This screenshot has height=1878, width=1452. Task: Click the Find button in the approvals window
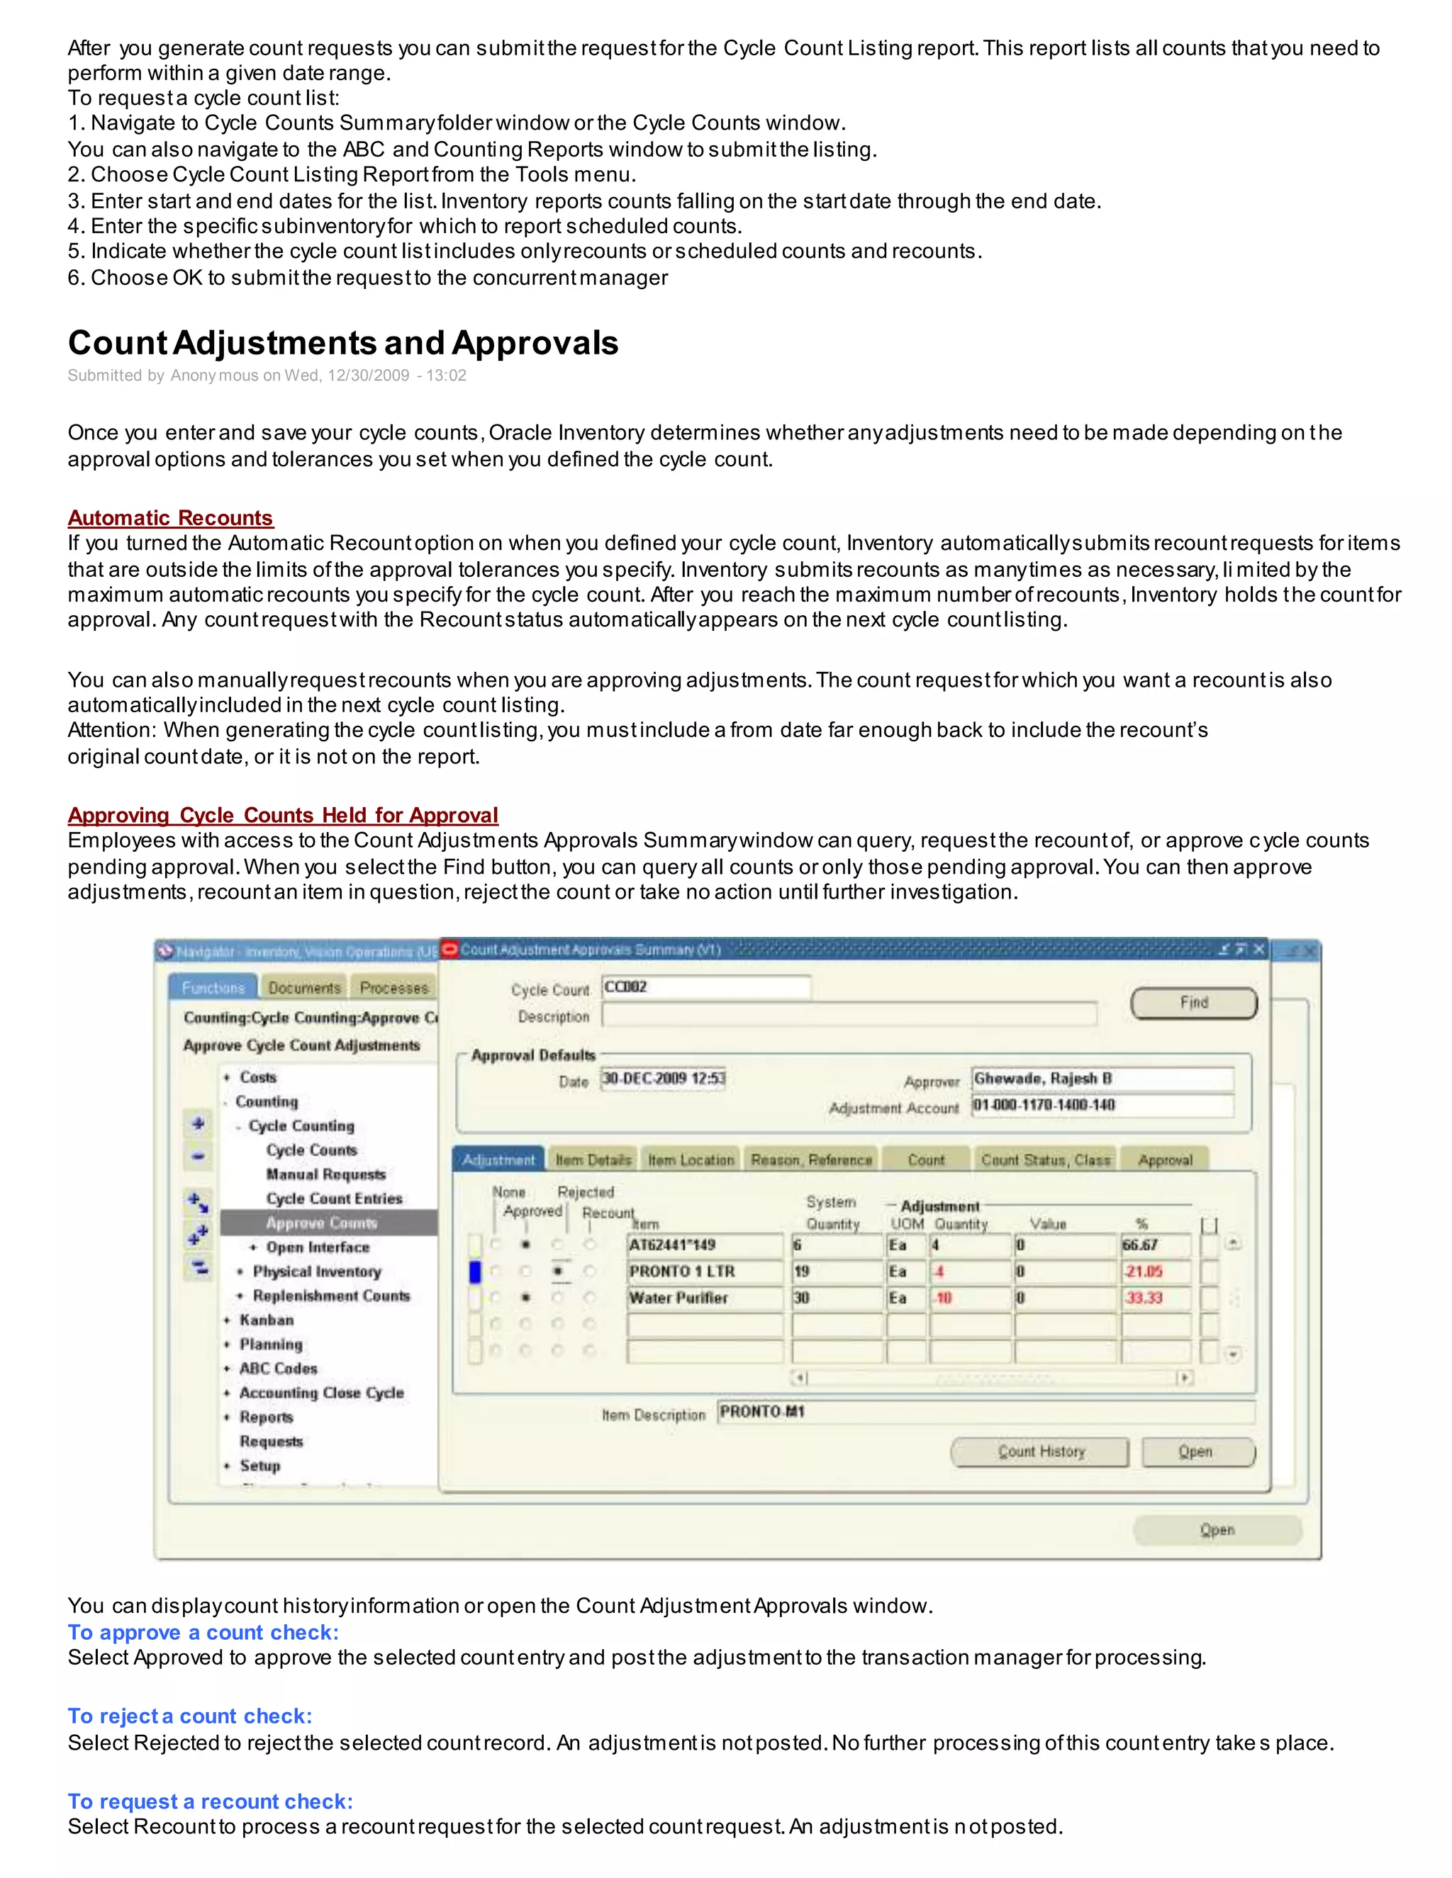pos(1193,1003)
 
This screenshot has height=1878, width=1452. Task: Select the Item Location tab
pos(691,1160)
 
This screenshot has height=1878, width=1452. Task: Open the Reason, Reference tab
pos(811,1160)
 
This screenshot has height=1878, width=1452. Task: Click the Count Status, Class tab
pos(1045,1160)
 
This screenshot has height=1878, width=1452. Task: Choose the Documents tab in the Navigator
pos(303,988)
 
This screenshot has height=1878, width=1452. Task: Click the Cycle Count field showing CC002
pos(705,987)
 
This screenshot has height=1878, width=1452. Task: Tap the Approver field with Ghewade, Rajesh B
pos(1102,1079)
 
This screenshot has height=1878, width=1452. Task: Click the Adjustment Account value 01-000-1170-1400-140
pos(1102,1105)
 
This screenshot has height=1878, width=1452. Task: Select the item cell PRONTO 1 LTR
pos(705,1272)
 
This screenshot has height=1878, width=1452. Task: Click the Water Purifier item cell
pos(705,1298)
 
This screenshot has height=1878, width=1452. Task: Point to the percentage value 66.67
pos(1154,1245)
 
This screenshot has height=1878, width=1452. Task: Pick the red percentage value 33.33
pos(1154,1298)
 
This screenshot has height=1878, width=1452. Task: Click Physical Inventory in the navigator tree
pos(316,1272)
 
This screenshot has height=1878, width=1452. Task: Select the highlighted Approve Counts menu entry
pos(322,1222)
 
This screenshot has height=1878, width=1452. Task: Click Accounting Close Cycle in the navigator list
pos(321,1393)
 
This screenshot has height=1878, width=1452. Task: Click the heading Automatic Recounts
pos(170,517)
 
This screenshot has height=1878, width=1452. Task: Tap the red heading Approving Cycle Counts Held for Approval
pos(283,815)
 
